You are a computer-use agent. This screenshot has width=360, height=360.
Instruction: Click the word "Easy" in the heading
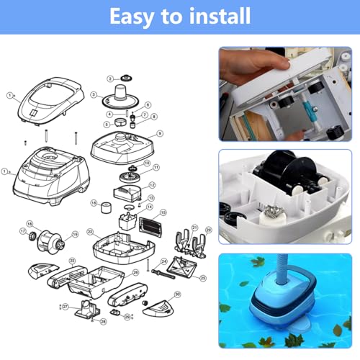pos(134,15)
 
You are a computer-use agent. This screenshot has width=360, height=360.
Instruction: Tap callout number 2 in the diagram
pos(110,78)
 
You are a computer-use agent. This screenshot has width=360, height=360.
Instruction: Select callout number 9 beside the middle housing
pos(160,133)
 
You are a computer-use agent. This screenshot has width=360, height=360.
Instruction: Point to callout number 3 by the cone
pos(94,94)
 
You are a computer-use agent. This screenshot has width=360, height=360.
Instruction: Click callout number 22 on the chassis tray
pos(89,232)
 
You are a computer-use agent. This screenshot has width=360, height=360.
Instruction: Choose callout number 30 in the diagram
pos(178,295)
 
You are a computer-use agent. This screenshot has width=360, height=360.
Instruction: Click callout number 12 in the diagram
pos(152,185)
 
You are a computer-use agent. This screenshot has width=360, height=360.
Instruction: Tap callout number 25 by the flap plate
pos(203,277)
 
